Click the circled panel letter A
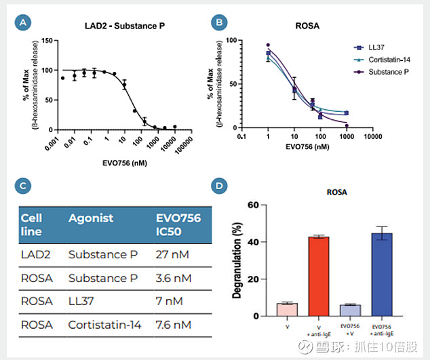point(24,23)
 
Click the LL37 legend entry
point(376,48)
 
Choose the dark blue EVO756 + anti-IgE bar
point(383,274)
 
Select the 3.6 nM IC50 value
point(174,279)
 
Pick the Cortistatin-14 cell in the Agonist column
point(104,325)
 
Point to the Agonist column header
point(91,219)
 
